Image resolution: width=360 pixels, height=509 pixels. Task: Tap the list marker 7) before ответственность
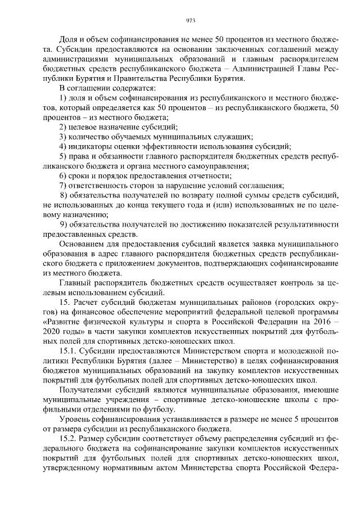pos(64,185)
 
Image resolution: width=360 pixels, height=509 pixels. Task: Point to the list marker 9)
pos(64,224)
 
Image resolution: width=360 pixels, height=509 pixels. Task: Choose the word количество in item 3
pos(91,137)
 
